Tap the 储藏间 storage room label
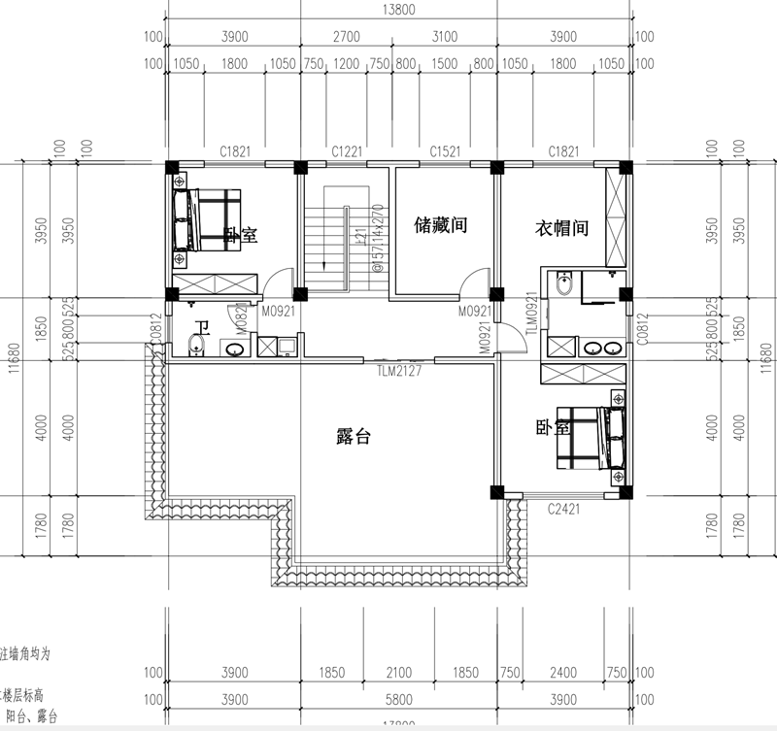pos(441,226)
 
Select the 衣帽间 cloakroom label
pos(562,228)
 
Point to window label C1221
pos(347,151)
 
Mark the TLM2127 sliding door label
pos(401,370)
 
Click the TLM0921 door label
pos(531,314)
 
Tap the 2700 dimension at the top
pos(347,37)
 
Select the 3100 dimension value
pos(444,37)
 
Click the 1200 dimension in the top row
pos(347,64)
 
